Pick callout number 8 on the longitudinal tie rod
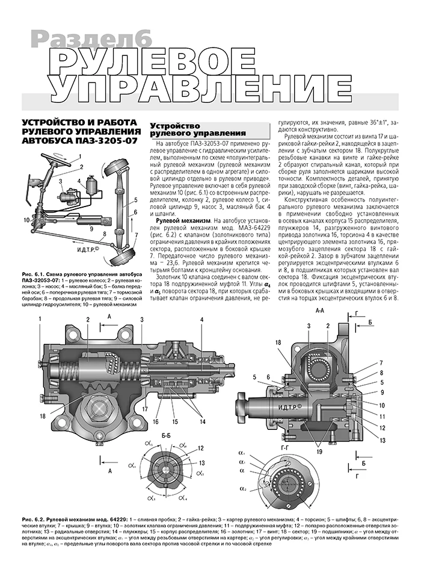(x=104, y=234)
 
